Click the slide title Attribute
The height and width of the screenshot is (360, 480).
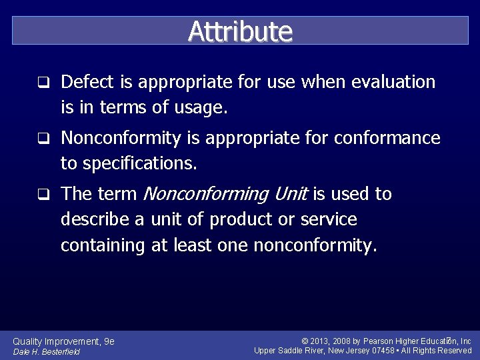point(240,31)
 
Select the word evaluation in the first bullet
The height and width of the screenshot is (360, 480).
point(393,82)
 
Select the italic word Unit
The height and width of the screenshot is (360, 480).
point(292,194)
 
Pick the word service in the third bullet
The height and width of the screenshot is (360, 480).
point(328,219)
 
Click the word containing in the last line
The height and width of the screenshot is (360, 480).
point(103,245)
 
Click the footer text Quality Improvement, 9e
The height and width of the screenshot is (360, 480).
point(64,341)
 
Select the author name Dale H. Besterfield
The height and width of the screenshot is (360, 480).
point(47,352)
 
